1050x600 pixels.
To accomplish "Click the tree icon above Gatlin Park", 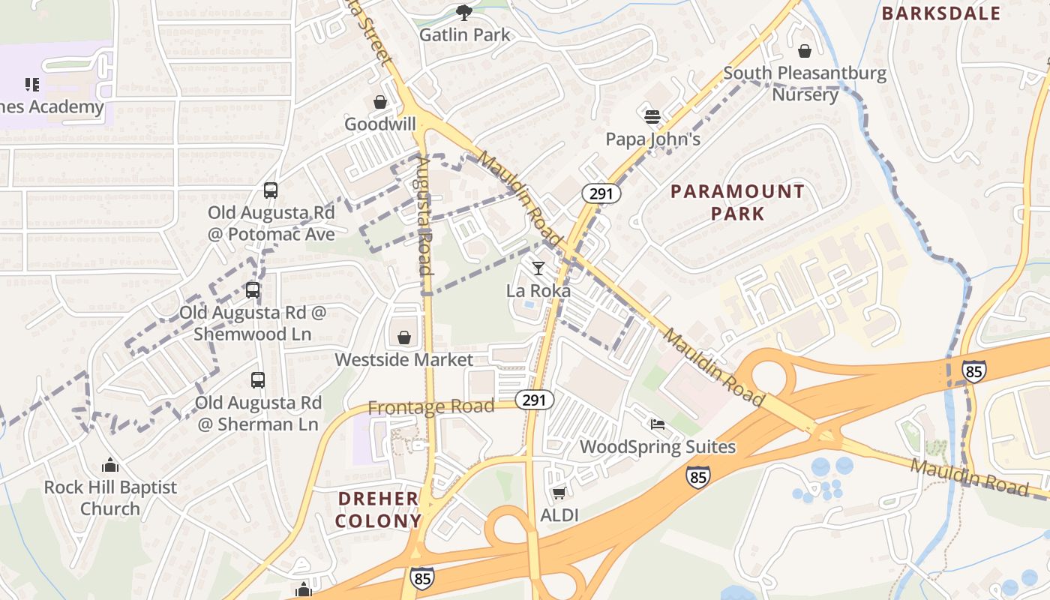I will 464,12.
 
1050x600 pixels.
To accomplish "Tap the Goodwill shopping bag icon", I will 380,102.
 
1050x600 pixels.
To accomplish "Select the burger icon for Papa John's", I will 652,116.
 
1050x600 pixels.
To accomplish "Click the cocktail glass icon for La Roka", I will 538,268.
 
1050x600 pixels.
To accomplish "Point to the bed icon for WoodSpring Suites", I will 658,424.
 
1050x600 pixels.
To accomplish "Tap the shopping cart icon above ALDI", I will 559,493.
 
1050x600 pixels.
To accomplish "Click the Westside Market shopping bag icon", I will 404,337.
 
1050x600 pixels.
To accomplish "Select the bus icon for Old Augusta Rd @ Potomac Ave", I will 271,190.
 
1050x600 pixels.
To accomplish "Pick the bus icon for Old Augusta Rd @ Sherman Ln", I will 258,380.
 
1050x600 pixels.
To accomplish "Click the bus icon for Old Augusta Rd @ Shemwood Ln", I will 253,290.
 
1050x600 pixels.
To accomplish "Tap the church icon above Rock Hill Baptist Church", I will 110,465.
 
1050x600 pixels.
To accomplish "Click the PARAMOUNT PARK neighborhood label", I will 737,202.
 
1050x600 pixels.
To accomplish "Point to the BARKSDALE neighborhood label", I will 941,13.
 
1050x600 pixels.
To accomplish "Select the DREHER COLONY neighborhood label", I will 378,510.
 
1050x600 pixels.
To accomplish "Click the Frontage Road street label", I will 431,407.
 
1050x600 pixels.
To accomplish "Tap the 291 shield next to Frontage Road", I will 534,400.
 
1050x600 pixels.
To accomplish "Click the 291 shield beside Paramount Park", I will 601,193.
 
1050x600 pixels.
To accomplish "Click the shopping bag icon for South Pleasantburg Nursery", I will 805,51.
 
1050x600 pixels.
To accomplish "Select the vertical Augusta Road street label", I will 424,215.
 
